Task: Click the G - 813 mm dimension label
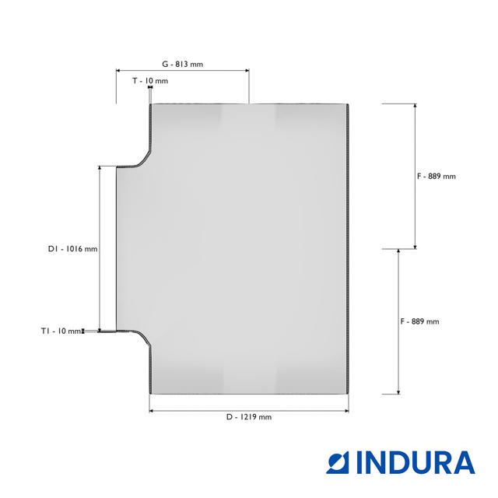(x=182, y=64)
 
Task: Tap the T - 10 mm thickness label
(x=150, y=81)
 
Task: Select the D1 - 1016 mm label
(x=72, y=249)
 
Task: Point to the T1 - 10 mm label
(x=61, y=331)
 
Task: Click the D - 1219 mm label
(x=249, y=417)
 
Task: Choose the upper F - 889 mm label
(x=436, y=177)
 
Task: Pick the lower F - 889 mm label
(x=419, y=321)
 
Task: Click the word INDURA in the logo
(x=416, y=462)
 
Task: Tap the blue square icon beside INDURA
(x=338, y=462)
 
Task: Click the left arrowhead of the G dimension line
(x=117, y=71)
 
